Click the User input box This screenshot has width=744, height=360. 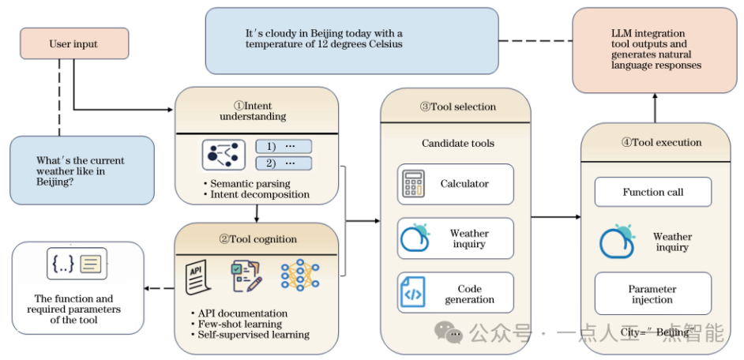pos(73,43)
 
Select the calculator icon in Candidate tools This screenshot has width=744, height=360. pos(414,184)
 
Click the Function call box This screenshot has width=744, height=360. pos(652,192)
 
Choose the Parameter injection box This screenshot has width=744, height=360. pos(652,294)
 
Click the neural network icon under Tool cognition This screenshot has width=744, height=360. pos(299,275)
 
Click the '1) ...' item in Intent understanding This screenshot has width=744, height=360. pos(284,147)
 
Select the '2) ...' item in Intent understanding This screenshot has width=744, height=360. pos(284,163)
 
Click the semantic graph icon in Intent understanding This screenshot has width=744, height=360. pos(220,156)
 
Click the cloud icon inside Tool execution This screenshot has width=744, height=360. pos(617,242)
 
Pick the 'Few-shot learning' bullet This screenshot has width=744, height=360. pos(235,324)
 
